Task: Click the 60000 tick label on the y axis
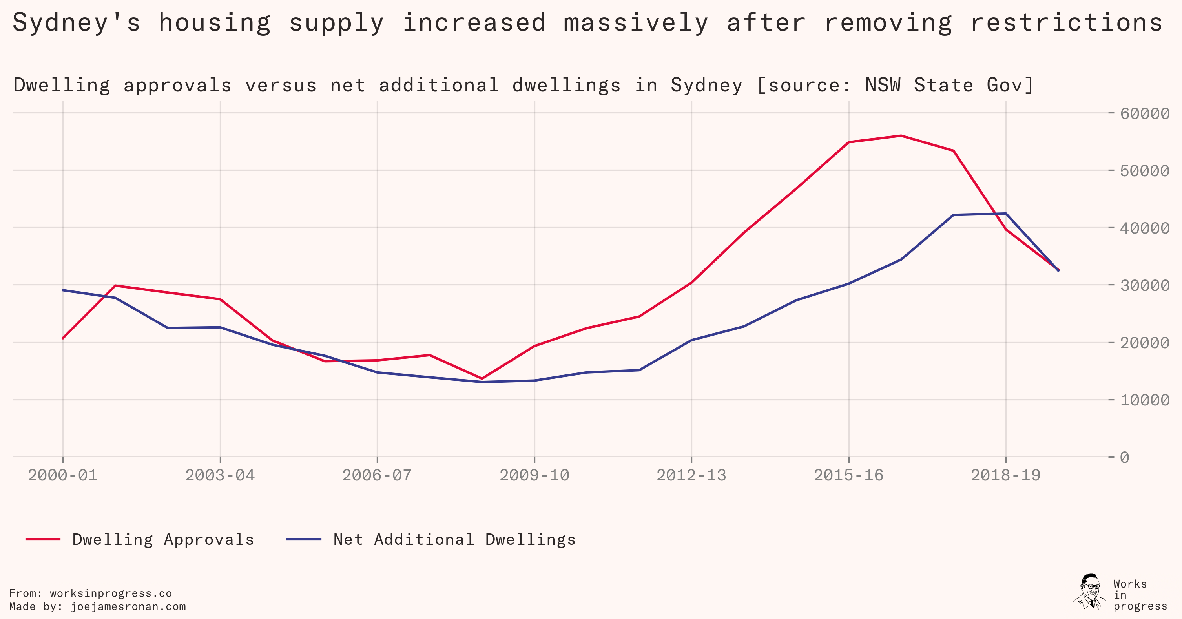coord(1144,113)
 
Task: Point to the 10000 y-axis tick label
coord(1144,400)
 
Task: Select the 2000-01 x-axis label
coord(63,475)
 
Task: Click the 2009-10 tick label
coord(534,475)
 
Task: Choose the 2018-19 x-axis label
coord(1005,475)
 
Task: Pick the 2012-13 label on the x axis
coord(691,475)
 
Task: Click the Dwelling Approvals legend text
coord(163,540)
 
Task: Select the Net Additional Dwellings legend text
coord(454,540)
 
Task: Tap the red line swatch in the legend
coord(43,540)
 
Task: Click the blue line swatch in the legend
coord(304,540)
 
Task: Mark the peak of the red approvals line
coord(901,136)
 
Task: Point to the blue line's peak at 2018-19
coord(1006,214)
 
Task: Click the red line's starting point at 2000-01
coord(63,338)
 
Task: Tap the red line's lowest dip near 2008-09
coord(482,378)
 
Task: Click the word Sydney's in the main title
coord(76,23)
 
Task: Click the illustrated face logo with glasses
coord(1090,592)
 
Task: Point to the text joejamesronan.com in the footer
coord(128,606)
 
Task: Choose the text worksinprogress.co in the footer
coord(111,593)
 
